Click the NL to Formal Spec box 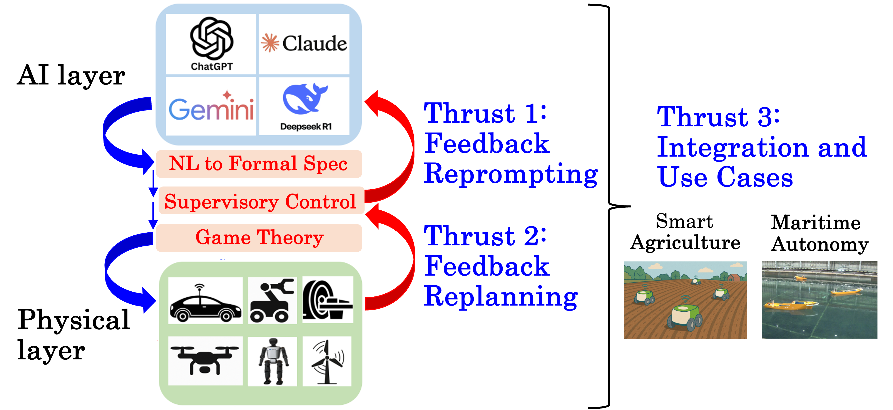259,164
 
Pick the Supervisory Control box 261,201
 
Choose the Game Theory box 259,238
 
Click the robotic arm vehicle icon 272,301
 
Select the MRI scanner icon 327,300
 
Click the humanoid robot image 273,361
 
